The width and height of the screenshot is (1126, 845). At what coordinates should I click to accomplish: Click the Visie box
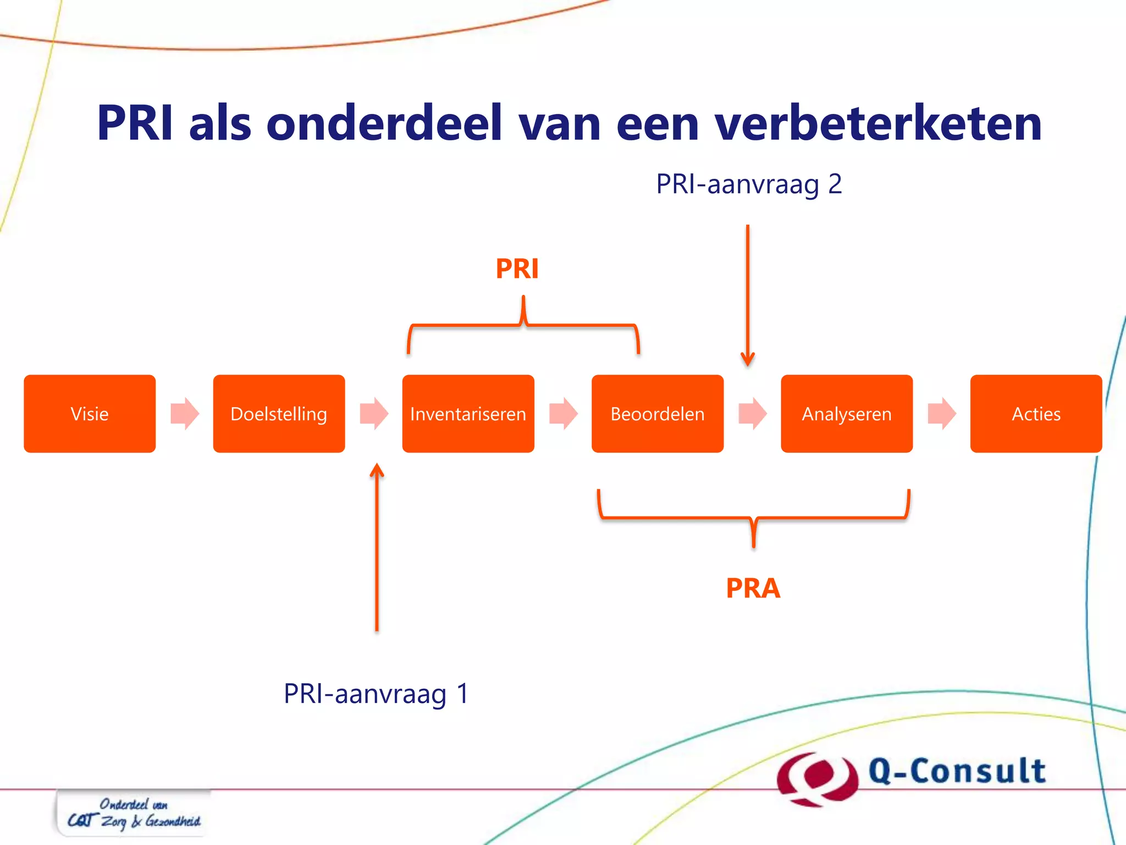click(90, 414)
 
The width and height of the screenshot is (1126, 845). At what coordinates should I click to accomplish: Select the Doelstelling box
click(279, 414)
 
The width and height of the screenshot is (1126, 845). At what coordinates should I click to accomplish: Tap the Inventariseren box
click(468, 414)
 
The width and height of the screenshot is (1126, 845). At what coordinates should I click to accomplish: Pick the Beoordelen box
click(657, 414)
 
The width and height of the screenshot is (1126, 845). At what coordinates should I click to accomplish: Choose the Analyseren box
click(847, 414)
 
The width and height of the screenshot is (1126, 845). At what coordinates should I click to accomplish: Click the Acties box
click(1036, 414)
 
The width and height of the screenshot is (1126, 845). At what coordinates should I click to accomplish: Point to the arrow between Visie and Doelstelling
click(185, 413)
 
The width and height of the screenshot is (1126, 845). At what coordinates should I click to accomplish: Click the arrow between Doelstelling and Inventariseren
click(374, 413)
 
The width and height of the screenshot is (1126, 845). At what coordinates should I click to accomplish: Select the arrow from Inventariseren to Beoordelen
click(563, 413)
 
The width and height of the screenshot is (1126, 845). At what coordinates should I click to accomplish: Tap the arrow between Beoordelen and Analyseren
click(752, 413)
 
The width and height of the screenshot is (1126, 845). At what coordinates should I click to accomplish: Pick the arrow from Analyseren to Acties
click(942, 413)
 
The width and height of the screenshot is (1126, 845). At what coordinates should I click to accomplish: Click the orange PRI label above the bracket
click(517, 269)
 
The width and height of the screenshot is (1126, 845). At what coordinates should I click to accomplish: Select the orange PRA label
click(753, 588)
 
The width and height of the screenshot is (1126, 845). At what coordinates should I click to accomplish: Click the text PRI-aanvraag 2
click(749, 184)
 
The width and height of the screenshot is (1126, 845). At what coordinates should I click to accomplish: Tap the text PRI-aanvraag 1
click(376, 694)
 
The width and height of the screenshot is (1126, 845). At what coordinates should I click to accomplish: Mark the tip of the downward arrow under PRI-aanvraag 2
click(748, 365)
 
